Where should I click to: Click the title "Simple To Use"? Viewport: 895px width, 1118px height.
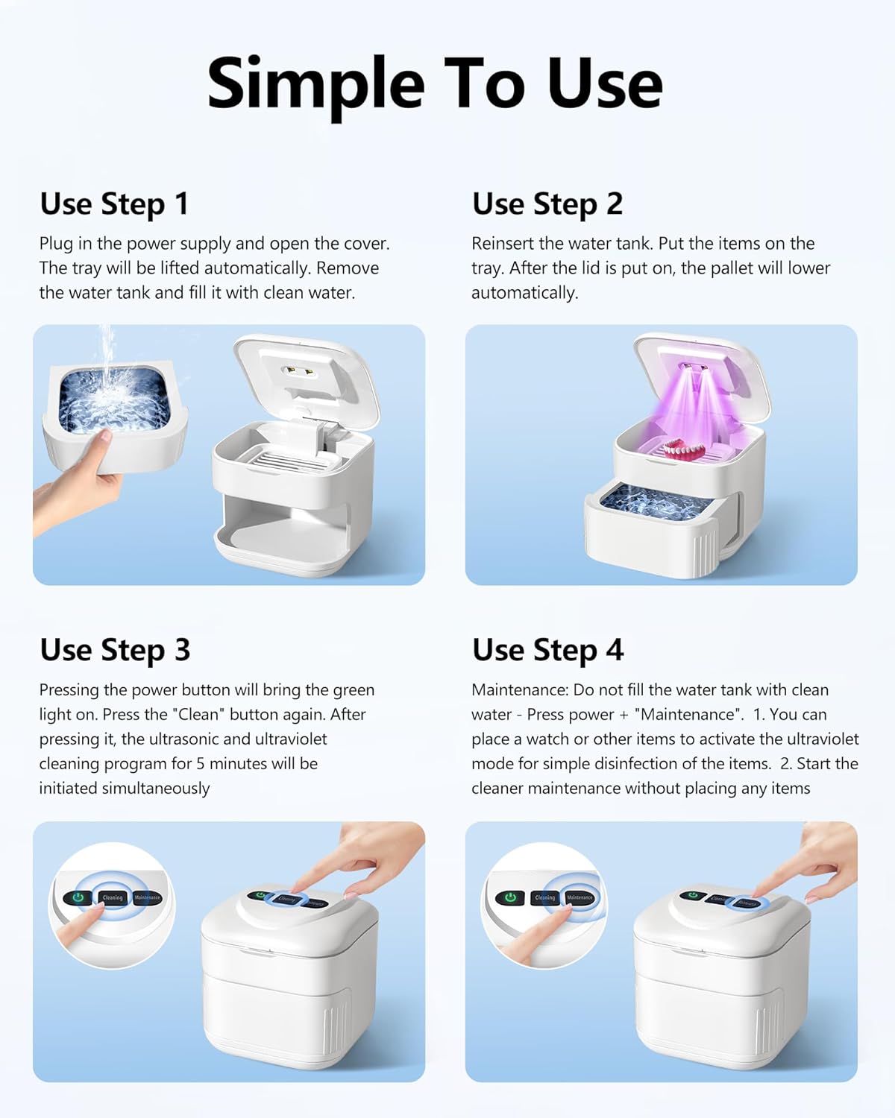[x=434, y=83]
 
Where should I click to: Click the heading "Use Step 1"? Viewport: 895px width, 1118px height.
[x=114, y=204]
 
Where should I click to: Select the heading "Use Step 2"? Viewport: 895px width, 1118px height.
[x=547, y=204]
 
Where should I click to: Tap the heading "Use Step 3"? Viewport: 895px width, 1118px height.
[x=115, y=650]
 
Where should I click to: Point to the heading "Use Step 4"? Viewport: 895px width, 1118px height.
[x=547, y=650]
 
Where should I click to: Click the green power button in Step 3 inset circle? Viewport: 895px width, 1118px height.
[x=78, y=897]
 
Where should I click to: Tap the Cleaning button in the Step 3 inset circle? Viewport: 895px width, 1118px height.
[x=113, y=897]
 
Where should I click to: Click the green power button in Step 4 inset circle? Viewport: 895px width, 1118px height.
[x=511, y=897]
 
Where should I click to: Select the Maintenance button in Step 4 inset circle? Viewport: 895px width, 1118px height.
[x=580, y=897]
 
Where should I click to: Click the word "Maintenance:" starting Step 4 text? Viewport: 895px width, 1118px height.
[x=519, y=690]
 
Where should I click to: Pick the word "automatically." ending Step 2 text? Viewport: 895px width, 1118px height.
[x=524, y=293]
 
